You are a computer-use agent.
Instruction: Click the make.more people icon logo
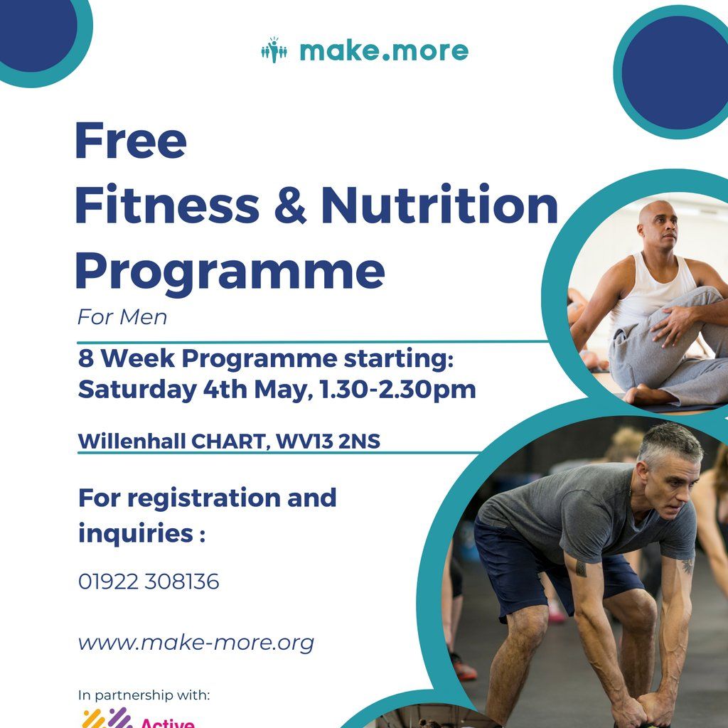coord(274,50)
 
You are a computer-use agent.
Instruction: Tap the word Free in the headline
coord(130,141)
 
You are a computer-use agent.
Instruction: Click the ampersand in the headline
coord(289,205)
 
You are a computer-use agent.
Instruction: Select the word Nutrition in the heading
coord(439,205)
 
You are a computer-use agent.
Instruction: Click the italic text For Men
coord(122,317)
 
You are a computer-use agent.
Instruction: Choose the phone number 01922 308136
coord(149,582)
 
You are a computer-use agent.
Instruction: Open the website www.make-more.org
coord(196,643)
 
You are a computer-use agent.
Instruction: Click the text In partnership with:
coord(144,695)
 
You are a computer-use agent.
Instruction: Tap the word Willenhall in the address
coord(132,441)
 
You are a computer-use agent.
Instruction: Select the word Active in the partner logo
coord(167,722)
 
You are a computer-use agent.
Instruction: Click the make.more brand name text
coord(384,51)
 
